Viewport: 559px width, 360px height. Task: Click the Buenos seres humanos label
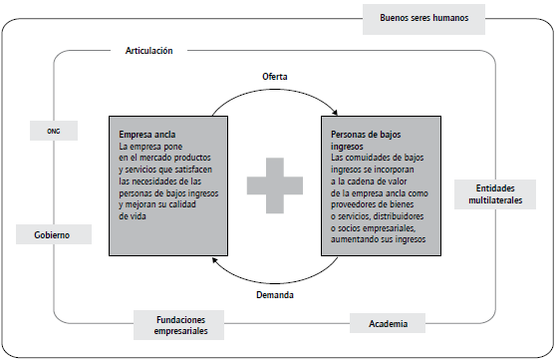pyautogui.click(x=431, y=18)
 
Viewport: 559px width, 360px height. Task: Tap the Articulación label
pyautogui.click(x=148, y=50)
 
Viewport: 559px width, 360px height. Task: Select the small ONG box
pyautogui.click(x=54, y=130)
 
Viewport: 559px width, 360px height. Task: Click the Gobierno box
pyautogui.click(x=54, y=234)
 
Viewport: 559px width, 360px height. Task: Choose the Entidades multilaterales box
pyautogui.click(x=495, y=193)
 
